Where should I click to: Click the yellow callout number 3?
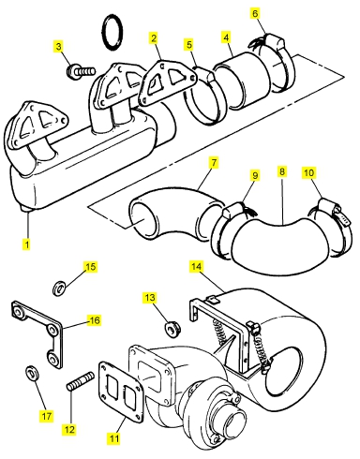59,47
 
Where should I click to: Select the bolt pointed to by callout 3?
81,72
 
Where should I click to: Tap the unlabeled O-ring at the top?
112,32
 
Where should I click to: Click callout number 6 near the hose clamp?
256,13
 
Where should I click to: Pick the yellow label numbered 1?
27,244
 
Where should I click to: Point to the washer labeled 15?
59,289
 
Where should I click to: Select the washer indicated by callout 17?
32,373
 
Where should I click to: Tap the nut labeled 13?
172,330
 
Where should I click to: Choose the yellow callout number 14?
196,266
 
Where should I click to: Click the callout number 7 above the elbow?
214,163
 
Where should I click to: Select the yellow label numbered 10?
308,172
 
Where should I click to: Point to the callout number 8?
282,171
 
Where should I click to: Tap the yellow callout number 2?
154,38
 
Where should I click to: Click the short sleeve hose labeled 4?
242,82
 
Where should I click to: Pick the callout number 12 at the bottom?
69,429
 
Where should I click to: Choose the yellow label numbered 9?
255,175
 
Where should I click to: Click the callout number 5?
189,44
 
